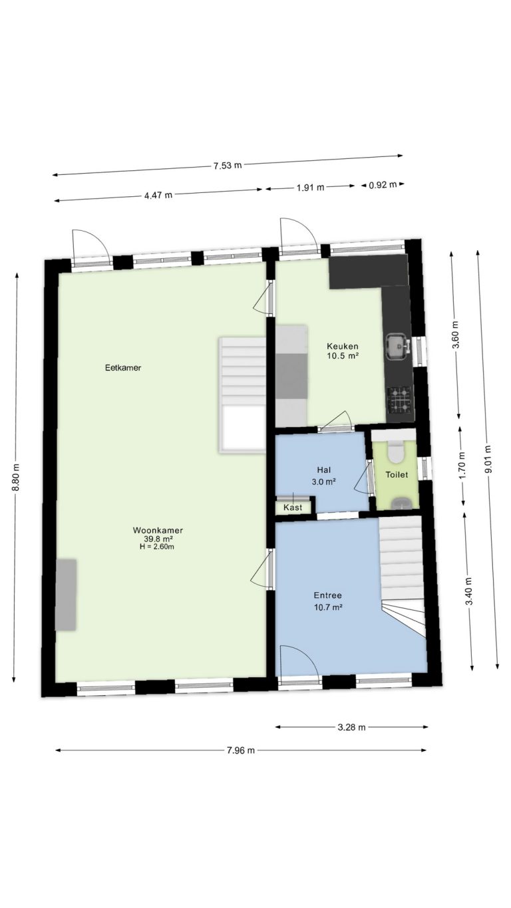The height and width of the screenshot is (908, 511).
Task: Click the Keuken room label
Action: [x=343, y=346]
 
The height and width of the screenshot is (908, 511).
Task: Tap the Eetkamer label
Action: [x=123, y=368]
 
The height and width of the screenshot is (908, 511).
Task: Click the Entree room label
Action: [x=327, y=595]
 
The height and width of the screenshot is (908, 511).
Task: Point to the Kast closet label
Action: [x=293, y=508]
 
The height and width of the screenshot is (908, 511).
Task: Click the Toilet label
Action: [x=397, y=475]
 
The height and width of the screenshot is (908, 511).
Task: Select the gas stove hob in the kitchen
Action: [x=400, y=400]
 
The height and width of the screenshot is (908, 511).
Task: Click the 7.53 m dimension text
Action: [x=228, y=165]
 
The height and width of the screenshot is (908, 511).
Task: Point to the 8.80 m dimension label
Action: [x=15, y=477]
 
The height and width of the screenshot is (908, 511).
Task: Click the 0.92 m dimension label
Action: [x=383, y=185]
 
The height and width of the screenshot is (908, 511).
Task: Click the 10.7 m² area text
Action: [x=328, y=607]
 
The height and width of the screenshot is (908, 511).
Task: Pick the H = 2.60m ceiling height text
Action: [x=156, y=546]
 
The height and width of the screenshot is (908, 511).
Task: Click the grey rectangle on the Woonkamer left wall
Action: [x=66, y=595]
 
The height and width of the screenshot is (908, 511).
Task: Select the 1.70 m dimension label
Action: [x=462, y=465]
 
